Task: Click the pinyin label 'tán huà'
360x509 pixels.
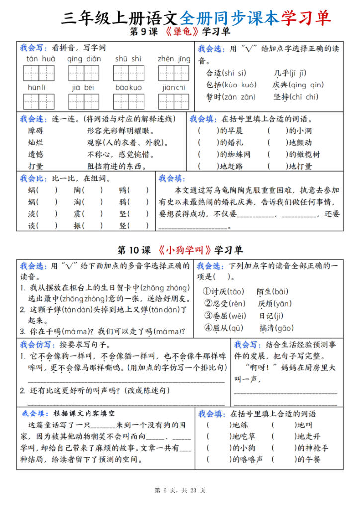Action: tap(40, 59)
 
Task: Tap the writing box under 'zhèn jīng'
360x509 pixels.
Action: tap(174, 73)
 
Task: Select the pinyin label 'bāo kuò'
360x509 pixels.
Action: tap(129, 87)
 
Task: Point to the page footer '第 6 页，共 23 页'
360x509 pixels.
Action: tap(180, 490)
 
